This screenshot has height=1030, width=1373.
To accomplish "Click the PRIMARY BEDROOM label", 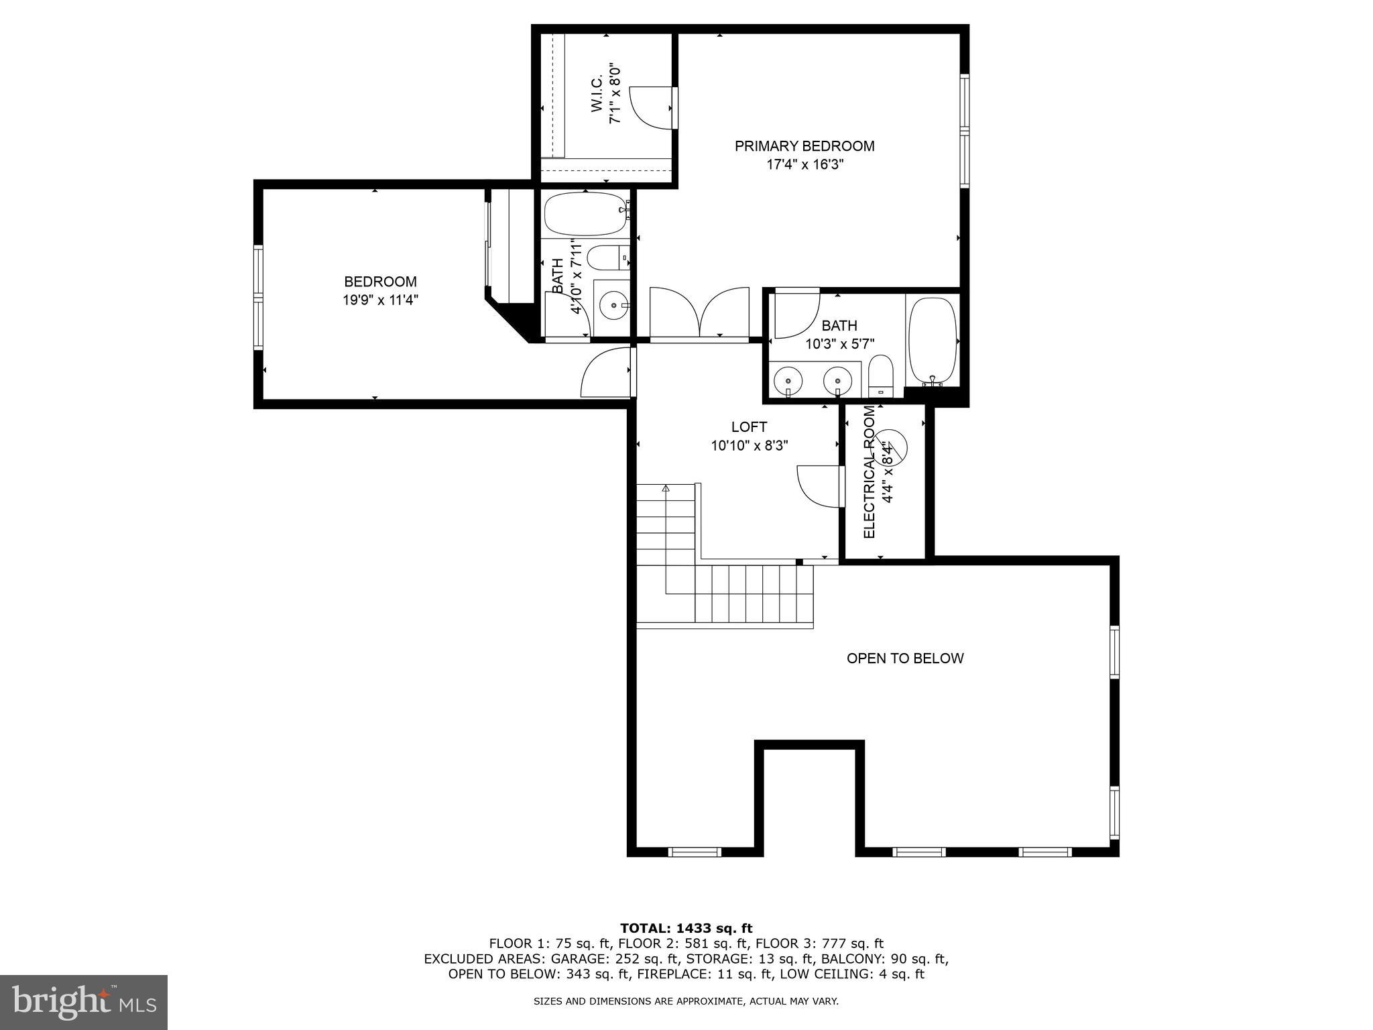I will coord(804,146).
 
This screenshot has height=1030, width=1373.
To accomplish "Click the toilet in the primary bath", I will coord(880,376).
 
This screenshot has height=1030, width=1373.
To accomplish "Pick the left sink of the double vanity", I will coord(787,382).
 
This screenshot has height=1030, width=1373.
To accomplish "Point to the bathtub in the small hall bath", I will coord(585,214).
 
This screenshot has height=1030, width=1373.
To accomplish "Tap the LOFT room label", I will coord(749,427).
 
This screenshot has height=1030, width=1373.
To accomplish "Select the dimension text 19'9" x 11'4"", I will coord(380,300).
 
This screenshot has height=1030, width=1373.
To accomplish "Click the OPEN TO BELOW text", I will coord(905,659).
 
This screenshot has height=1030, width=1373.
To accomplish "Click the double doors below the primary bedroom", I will coord(699,312).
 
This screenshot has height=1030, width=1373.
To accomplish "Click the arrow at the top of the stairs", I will coord(666,489).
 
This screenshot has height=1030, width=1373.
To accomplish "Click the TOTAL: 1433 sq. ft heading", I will coord(686,929).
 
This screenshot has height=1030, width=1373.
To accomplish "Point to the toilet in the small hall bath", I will coord(607,258).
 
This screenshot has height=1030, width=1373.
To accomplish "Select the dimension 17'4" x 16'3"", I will coord(804,165).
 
